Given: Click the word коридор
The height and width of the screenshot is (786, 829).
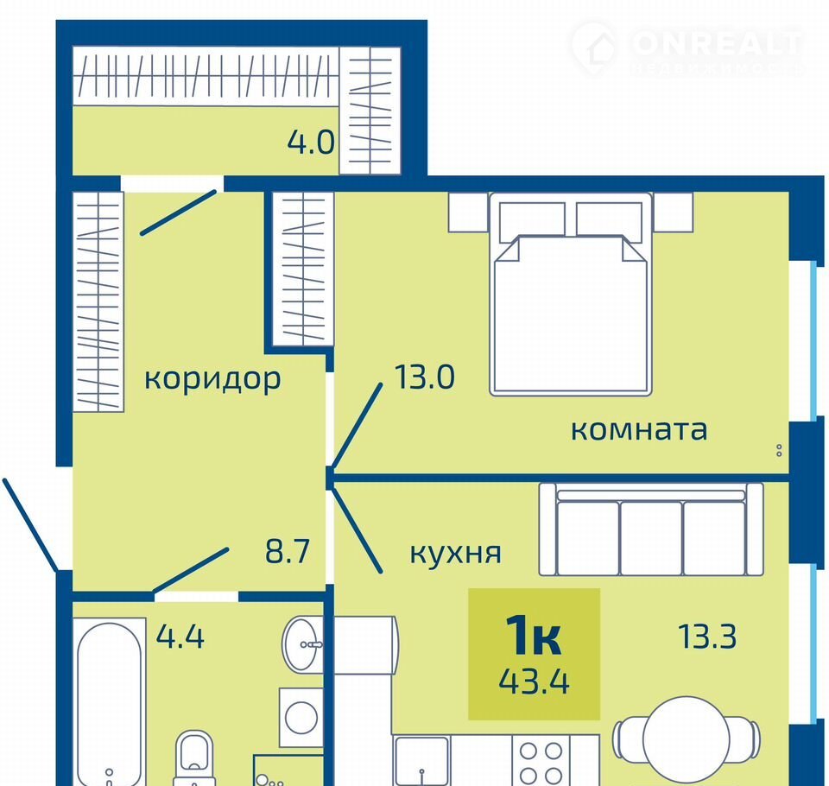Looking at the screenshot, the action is [212, 379].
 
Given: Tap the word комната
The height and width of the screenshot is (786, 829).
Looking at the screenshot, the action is [639, 429].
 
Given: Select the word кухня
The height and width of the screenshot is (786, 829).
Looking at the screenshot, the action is [456, 554].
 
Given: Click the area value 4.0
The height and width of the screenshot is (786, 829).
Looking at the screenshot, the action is [311, 142].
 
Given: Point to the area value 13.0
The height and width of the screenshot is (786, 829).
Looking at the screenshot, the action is [425, 377].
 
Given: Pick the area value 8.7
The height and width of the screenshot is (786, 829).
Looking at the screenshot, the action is [287, 550].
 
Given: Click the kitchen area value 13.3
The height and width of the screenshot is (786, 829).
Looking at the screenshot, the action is [707, 636].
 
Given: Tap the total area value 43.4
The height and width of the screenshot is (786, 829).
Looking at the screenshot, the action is [534, 681].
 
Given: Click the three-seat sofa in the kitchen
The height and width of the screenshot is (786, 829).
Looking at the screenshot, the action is [651, 529].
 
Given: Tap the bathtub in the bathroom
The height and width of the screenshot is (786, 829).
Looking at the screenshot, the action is [110, 701].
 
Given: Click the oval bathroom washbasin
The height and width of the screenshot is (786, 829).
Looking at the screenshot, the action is [302, 644].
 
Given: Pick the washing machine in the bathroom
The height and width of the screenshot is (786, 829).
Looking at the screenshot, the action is [301, 717].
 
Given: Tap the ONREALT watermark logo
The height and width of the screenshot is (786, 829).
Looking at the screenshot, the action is [687, 48].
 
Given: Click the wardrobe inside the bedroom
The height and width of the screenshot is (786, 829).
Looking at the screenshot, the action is [302, 269].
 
